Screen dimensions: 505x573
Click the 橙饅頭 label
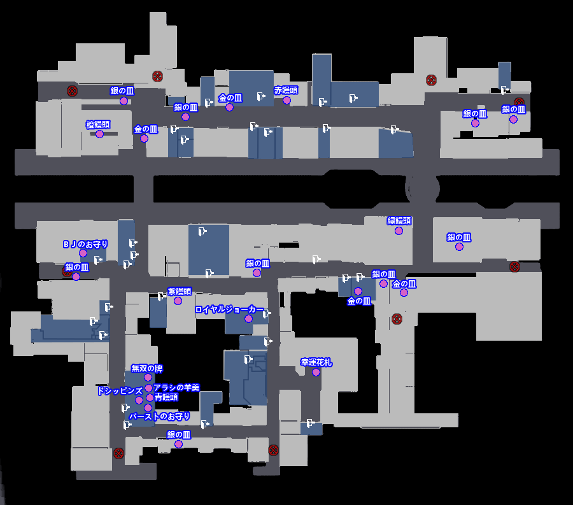pyautogui.click(x=98, y=125)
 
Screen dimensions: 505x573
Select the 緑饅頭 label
pyautogui.click(x=399, y=221)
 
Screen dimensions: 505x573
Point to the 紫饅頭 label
pyautogui.click(x=179, y=291)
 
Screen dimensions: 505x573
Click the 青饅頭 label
pyautogui.click(x=166, y=397)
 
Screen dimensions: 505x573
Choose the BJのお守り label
pyautogui.click(x=85, y=244)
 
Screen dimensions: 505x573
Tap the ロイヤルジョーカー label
pyautogui.click(x=229, y=309)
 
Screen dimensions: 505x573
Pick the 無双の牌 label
pyautogui.click(x=147, y=368)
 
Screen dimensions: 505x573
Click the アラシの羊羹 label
pyautogui.click(x=176, y=387)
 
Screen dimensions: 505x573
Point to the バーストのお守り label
pyautogui.click(x=159, y=416)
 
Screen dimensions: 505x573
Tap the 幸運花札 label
pyautogui.click(x=316, y=362)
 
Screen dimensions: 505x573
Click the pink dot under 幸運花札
pyautogui.click(x=316, y=372)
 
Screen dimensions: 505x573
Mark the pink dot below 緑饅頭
pyautogui.click(x=399, y=231)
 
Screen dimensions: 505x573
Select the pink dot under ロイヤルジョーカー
pyautogui.click(x=248, y=318)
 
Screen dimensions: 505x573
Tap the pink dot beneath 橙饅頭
pyautogui.click(x=99, y=134)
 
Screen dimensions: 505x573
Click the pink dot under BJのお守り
pyautogui.click(x=83, y=253)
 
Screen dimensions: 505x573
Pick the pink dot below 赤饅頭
pyautogui.click(x=286, y=100)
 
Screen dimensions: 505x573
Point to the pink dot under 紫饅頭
pyautogui.click(x=178, y=301)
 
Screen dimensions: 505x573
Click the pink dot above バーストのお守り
pyautogui.click(x=148, y=408)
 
